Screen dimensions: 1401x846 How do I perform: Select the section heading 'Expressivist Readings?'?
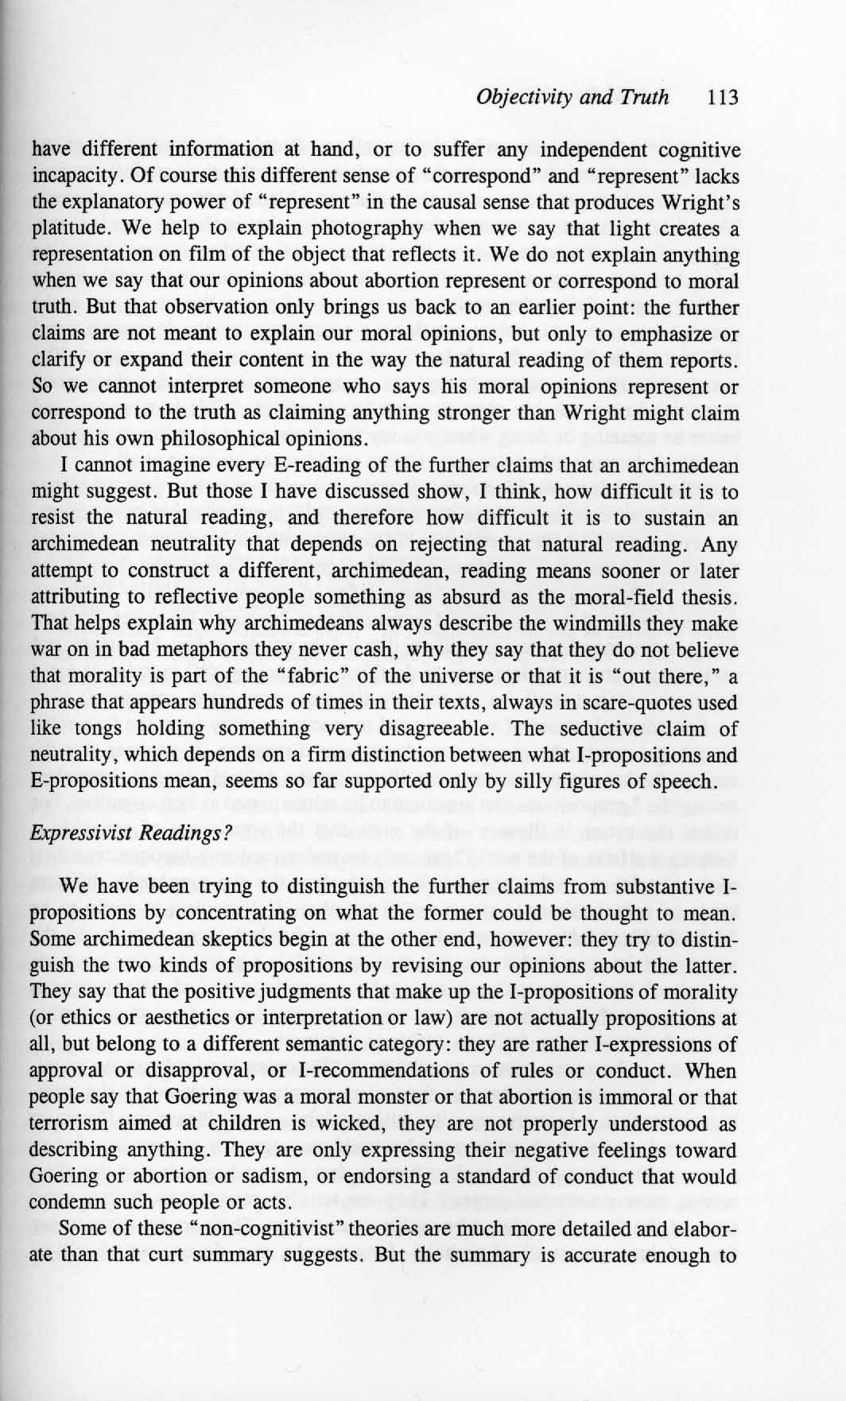pos(108,833)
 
